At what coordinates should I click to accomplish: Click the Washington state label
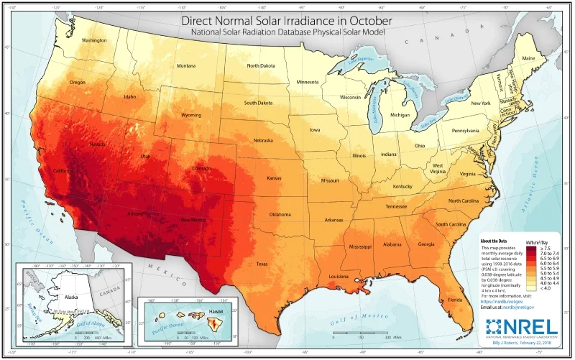[x=94, y=40]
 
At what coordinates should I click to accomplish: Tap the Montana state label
[x=185, y=67]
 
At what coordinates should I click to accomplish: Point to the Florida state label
[x=455, y=298]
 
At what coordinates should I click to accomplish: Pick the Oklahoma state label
[x=280, y=215]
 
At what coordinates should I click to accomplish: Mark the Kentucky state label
[x=403, y=187]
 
